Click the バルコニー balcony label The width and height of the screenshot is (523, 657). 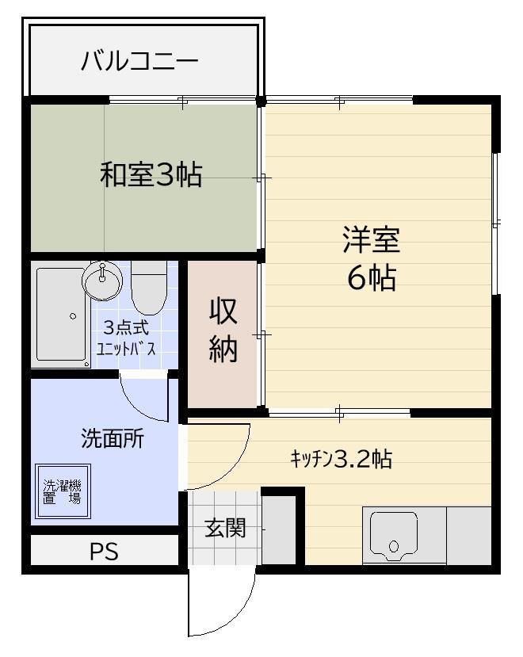[x=139, y=61]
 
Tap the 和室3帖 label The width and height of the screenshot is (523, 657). [x=151, y=174]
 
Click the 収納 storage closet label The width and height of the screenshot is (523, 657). [x=223, y=330]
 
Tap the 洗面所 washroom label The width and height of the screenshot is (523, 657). [x=113, y=438]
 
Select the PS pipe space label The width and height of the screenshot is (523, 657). [x=103, y=552]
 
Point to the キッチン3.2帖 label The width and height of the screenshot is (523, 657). [x=341, y=459]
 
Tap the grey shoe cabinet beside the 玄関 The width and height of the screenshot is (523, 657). [x=279, y=529]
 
